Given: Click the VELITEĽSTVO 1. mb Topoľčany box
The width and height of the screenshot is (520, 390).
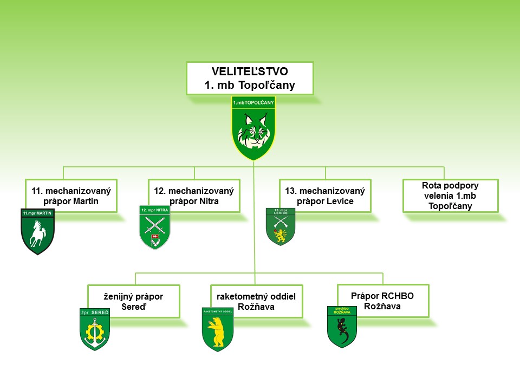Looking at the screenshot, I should point(250,78).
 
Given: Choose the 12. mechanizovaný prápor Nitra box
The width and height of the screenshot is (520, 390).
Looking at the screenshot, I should point(194,196).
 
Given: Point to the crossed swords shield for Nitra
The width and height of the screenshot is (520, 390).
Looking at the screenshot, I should point(155,227).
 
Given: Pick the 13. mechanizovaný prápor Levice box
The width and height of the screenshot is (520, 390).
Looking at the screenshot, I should point(325,196).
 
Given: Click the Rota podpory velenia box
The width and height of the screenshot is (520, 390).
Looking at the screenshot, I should point(450,196).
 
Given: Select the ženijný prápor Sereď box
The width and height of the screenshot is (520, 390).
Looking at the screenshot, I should point(133,302).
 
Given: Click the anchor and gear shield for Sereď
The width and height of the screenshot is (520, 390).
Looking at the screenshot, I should point(95,329).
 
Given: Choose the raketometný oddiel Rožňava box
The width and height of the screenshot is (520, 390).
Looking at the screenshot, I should point(256,302).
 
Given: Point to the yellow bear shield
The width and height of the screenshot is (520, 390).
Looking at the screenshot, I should point(217,330).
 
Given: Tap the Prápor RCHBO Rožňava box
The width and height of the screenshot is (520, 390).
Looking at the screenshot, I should point(382,301).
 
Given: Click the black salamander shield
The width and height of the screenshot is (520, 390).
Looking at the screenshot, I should point(342,327).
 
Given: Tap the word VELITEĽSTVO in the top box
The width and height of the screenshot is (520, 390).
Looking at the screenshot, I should point(250,71).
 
